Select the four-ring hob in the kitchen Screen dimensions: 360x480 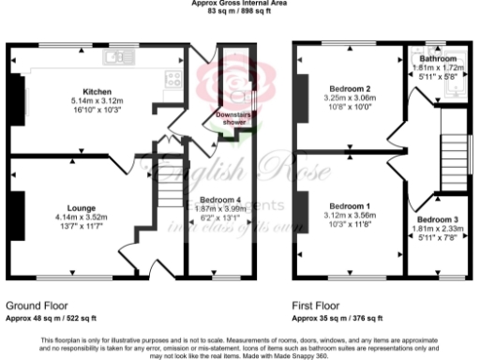point(172,79)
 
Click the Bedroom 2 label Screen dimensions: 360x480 point(350,89)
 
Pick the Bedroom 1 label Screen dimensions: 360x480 point(349,205)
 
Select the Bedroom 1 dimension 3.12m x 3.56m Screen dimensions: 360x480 point(349,215)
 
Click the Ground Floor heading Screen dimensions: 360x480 point(37,307)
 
